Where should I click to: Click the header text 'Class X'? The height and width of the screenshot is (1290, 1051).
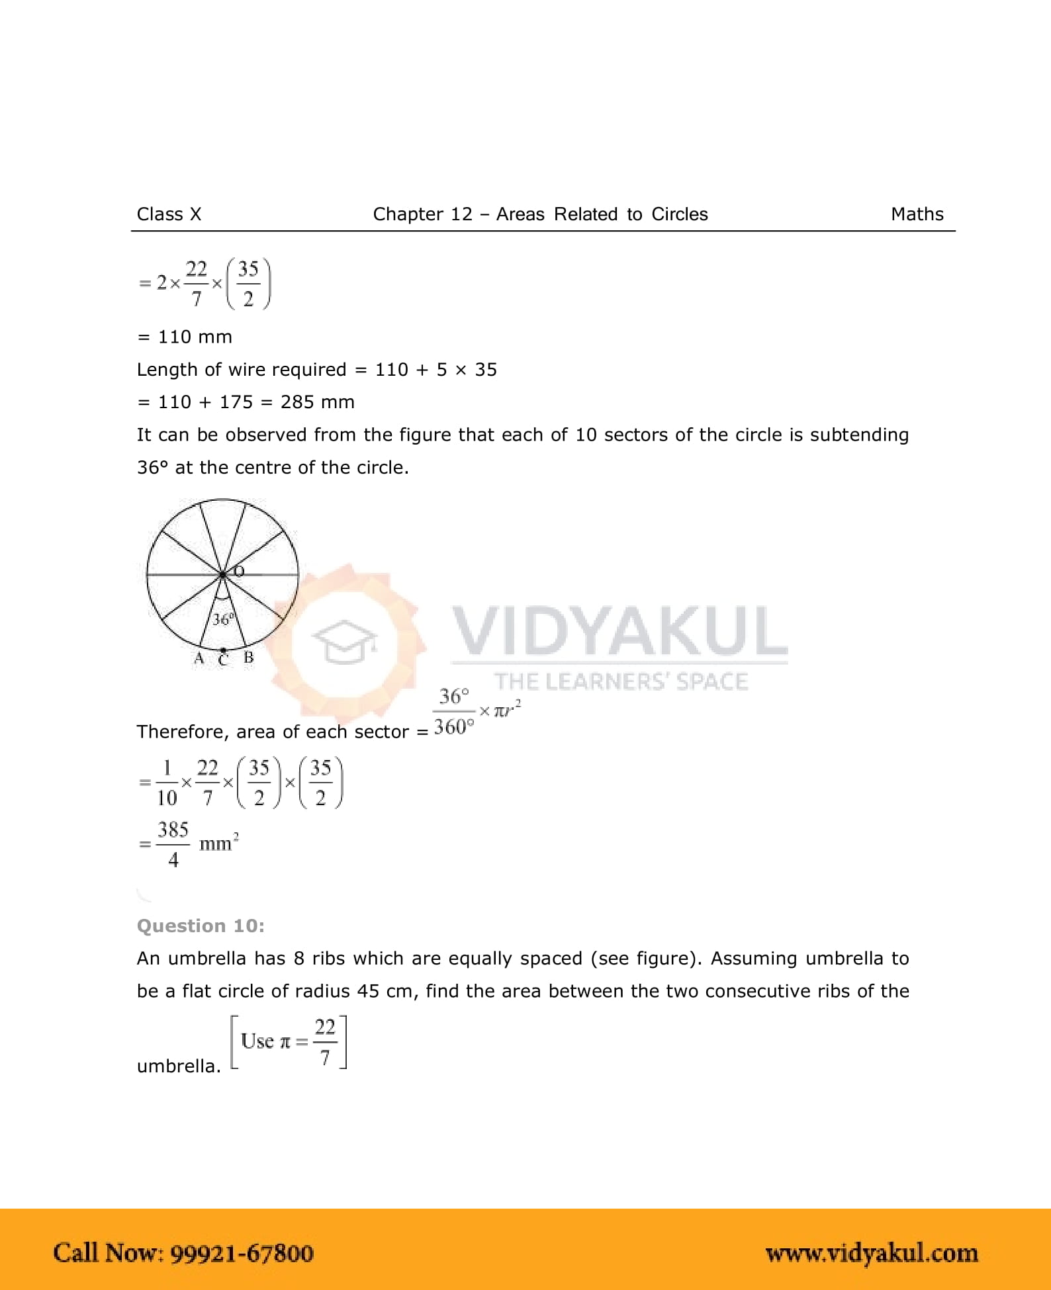click(169, 214)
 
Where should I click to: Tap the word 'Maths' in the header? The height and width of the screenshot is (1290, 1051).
click(917, 214)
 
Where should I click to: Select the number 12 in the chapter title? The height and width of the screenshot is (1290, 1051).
click(461, 214)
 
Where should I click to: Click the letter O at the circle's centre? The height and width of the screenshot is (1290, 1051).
click(239, 571)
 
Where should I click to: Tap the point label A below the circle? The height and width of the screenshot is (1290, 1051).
click(199, 658)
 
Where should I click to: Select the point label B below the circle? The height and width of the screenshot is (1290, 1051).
click(249, 658)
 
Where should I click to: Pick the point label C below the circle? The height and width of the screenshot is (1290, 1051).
click(223, 660)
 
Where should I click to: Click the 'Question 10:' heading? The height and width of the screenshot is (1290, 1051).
click(201, 925)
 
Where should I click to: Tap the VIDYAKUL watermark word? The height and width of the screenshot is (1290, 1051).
click(619, 631)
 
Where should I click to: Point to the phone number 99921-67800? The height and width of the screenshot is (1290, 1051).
click(242, 1253)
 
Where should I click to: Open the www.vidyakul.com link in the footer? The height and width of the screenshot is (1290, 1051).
click(871, 1253)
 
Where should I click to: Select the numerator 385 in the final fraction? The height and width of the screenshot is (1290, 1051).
click(173, 830)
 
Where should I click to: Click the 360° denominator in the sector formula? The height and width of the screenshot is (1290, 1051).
click(454, 727)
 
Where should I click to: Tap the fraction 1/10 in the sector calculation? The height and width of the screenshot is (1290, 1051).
click(167, 783)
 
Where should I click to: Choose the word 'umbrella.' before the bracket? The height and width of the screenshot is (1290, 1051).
click(179, 1066)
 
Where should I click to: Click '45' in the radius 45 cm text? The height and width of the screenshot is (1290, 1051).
click(368, 991)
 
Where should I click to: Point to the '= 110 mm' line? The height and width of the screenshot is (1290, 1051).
click(185, 337)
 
